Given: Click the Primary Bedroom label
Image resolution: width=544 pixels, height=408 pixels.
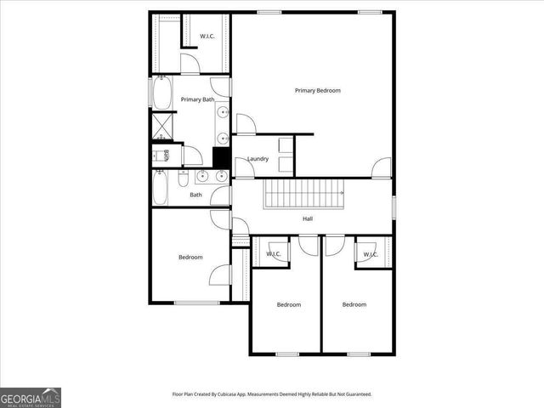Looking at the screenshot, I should coord(317,90).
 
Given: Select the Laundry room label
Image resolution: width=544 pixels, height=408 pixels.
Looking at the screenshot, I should coord(258,159).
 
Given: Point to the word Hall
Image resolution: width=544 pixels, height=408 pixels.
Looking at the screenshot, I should coord(308,219).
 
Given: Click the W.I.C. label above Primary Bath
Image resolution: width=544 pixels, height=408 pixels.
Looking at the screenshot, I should coord(207,36).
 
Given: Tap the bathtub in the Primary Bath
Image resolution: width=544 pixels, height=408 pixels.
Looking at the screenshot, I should coord(161,93).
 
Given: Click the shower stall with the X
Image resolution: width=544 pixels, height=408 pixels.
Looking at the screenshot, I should coord(162,126).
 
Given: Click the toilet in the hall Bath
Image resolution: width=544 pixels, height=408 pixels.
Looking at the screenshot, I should coord(183,179).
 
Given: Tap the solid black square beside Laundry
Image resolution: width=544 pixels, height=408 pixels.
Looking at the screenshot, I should coord(222,157).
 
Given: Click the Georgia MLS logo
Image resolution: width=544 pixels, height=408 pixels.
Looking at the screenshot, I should coord(31,397).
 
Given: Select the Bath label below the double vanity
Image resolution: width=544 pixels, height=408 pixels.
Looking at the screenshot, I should coord(195,195).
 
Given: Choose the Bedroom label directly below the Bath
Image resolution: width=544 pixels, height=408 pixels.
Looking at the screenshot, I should coord(190,257).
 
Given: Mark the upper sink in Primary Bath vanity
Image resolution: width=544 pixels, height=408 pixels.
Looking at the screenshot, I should coord(222,112).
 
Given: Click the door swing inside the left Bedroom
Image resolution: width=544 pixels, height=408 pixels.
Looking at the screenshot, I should coord(220,275).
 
